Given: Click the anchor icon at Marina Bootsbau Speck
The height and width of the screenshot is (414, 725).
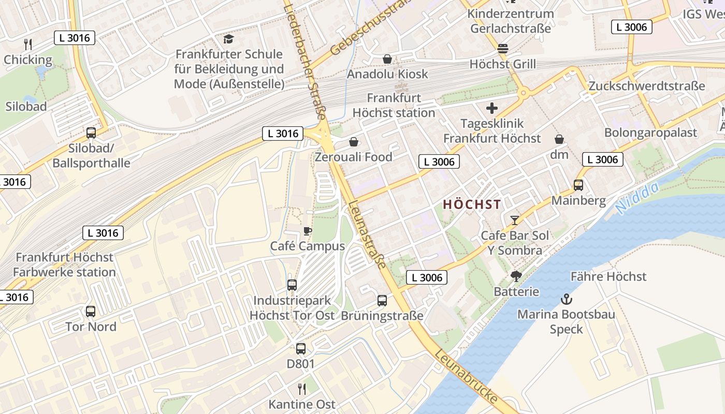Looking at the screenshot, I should click(567, 299).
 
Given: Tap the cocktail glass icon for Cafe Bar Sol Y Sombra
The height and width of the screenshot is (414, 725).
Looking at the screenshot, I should click(514, 220).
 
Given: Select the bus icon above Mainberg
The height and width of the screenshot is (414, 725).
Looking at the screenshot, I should click(578, 185).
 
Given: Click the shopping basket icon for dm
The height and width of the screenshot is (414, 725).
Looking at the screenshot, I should click(559, 139).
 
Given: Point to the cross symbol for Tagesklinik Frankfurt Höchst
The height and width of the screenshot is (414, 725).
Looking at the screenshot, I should click(491, 108).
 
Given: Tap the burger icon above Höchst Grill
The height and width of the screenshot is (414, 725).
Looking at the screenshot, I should click(502, 49).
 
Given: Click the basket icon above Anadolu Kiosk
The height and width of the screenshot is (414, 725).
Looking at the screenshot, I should click(387, 59).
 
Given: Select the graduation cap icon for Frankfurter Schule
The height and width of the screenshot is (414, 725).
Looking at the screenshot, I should click(228, 39).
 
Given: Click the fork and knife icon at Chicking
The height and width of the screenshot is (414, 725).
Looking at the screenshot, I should click(28, 45).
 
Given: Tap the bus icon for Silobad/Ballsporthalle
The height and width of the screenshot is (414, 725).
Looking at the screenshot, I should click(91, 133).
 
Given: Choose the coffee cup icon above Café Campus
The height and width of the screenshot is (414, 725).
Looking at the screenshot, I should click(307, 231).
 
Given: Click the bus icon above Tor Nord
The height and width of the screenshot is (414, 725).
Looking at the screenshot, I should click(91, 312).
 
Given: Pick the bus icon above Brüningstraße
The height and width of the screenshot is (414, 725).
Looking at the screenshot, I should click(382, 300).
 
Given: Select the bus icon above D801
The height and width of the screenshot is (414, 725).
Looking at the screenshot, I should click(300, 349).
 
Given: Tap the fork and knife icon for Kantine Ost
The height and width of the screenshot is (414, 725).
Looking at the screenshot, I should click(301, 389).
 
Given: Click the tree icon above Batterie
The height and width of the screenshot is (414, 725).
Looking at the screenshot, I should click(516, 276).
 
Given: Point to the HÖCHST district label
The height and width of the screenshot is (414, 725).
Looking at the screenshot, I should click(472, 204).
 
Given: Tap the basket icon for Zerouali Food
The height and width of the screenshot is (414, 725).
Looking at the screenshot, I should click(354, 142).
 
